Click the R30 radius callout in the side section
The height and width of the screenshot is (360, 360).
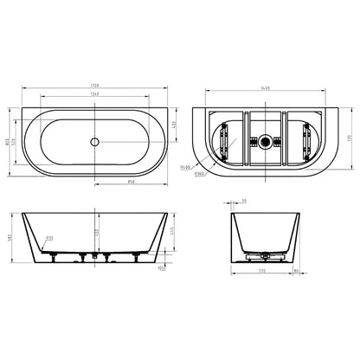click(x=49, y=236)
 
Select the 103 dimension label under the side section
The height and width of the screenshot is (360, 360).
click(x=162, y=268)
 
